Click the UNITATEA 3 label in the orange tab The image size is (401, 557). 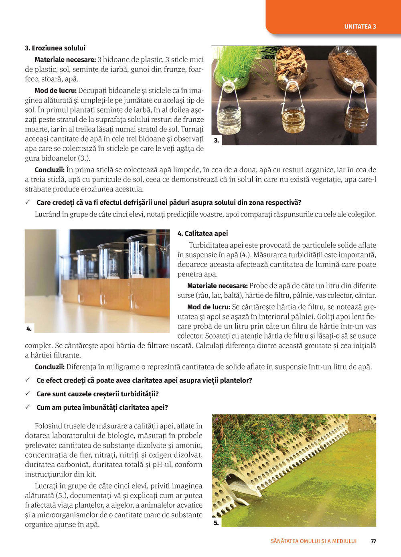360,27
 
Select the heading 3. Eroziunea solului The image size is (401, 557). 55,48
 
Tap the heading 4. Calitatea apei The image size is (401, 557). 203,233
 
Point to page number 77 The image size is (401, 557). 373,541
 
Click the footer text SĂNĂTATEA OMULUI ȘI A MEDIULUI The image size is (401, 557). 313,541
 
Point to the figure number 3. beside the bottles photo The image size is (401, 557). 217,140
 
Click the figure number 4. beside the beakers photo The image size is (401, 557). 29,329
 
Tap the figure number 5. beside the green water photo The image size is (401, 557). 216,523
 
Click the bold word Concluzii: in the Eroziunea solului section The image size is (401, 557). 50,170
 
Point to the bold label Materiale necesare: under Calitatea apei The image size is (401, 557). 217,286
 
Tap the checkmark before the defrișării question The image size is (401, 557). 28,202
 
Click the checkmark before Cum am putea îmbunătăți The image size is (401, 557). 28,407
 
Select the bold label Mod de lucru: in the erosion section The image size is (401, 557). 55,91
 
